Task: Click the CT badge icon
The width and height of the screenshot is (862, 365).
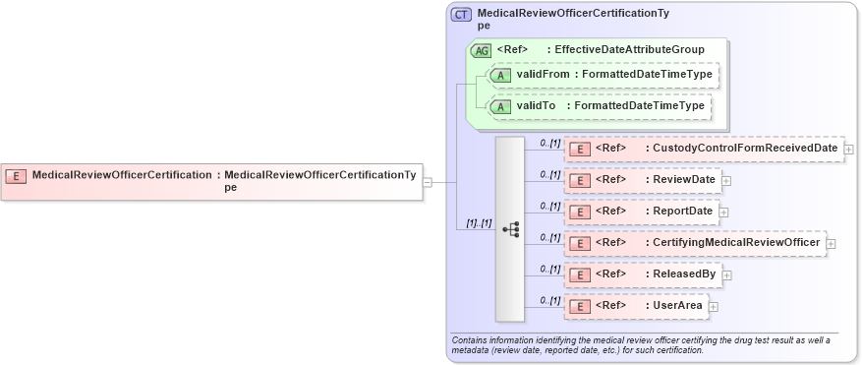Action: click(x=461, y=15)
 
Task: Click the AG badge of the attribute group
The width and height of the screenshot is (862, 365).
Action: click(x=482, y=50)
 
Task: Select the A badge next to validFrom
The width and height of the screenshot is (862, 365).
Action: click(x=500, y=75)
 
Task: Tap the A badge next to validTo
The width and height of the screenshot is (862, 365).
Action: click(x=500, y=106)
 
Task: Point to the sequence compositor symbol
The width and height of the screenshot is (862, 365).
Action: click(x=510, y=228)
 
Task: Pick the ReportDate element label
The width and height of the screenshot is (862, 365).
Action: click(x=685, y=211)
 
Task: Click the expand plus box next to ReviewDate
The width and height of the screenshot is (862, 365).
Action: click(x=726, y=181)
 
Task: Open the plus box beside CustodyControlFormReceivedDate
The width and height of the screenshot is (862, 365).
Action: click(x=848, y=150)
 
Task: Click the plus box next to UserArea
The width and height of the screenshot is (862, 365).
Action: click(x=714, y=307)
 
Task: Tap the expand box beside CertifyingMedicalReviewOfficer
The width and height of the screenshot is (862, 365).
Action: click(x=831, y=243)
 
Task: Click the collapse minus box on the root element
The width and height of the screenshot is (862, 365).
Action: click(x=427, y=182)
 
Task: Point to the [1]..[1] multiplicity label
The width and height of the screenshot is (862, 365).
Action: click(x=479, y=222)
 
